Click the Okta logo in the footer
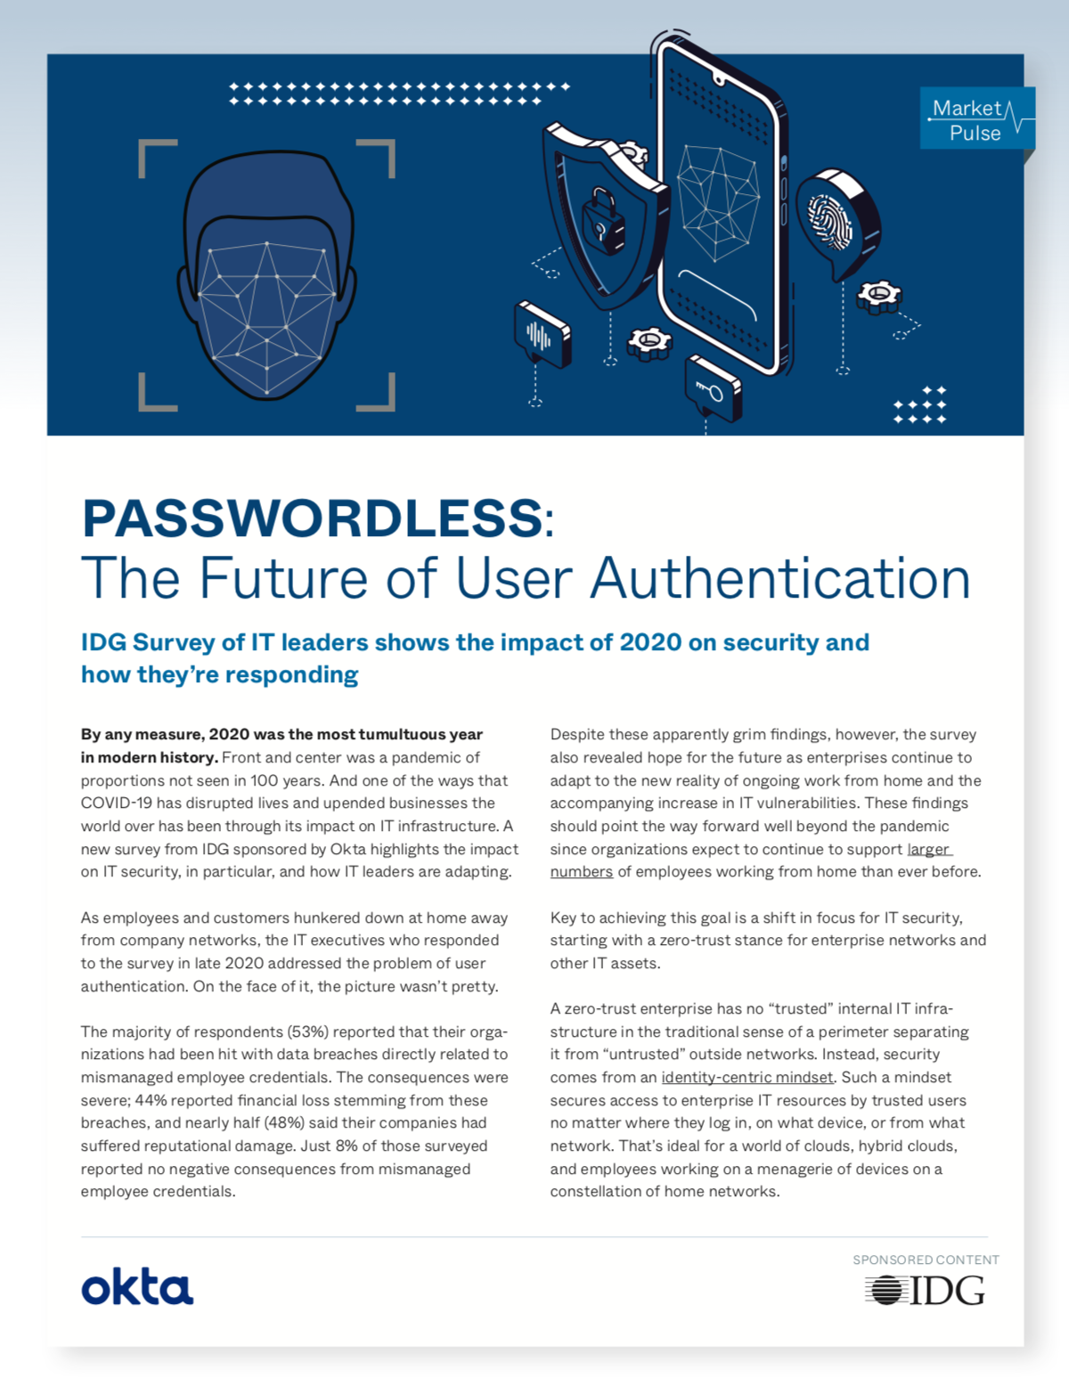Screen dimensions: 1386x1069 click(137, 1288)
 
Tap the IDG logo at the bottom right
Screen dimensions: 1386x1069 click(925, 1290)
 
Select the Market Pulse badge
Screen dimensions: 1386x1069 click(975, 119)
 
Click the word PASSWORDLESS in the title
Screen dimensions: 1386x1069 click(312, 518)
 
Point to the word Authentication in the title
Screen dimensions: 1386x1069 click(780, 578)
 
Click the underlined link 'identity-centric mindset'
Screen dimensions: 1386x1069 click(747, 1077)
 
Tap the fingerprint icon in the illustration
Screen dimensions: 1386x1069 click(829, 218)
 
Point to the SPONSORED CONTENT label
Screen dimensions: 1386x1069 click(926, 1260)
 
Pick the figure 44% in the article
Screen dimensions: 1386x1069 click(151, 1100)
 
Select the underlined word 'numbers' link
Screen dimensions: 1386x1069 click(581, 871)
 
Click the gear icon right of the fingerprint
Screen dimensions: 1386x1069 click(878, 296)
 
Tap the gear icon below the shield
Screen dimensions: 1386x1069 click(649, 342)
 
